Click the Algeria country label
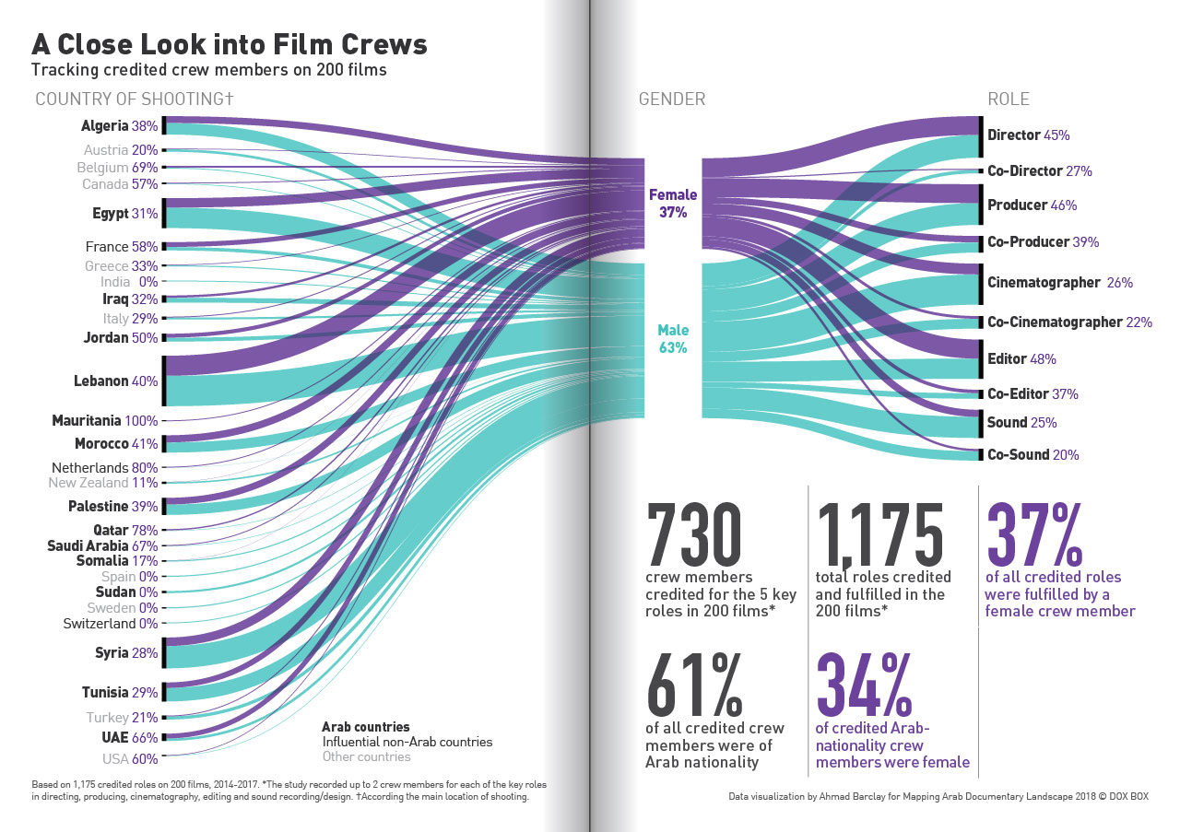[104, 125]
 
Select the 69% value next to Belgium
[145, 168]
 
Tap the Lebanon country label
[100, 381]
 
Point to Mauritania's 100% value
[142, 421]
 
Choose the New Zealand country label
[88, 483]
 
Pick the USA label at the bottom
[114, 759]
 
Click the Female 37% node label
[673, 204]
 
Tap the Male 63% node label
[673, 339]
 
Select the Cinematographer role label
[1044, 283]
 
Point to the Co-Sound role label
[1018, 455]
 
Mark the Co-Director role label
[1024, 171]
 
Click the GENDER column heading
[672, 100]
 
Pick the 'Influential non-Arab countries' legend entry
[407, 742]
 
